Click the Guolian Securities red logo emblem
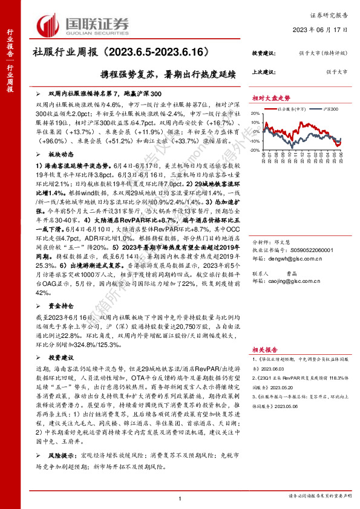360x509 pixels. tap(50, 25)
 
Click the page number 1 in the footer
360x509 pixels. tap(180, 498)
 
